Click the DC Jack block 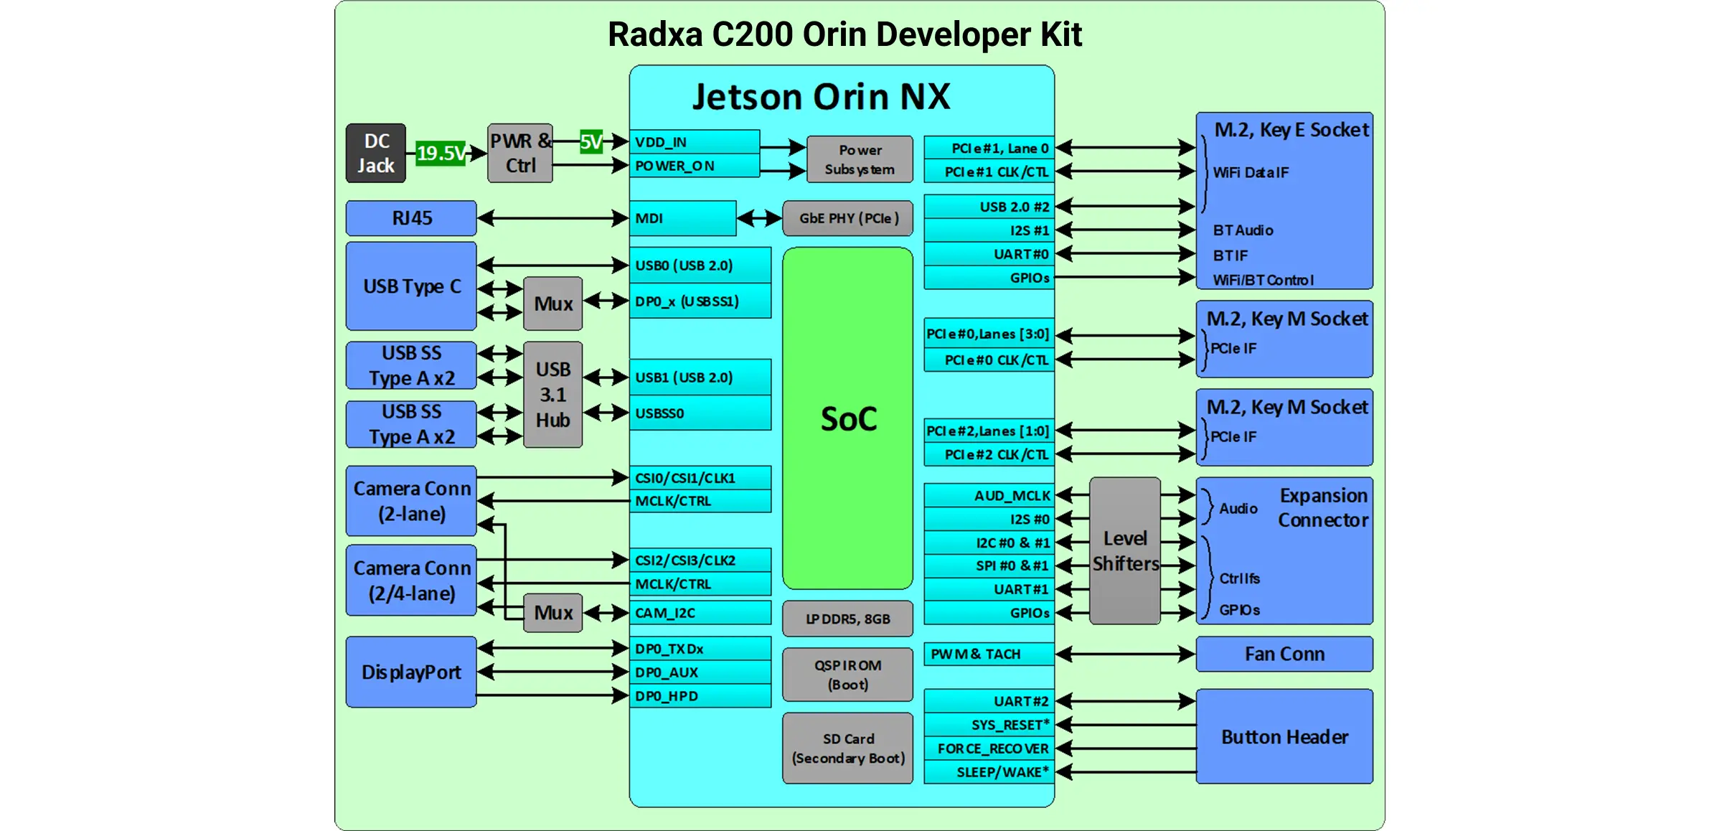(x=375, y=153)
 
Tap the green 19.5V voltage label (x=440, y=153)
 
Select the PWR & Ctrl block (x=520, y=153)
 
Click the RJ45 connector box (x=411, y=218)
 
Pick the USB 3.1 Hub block (x=552, y=395)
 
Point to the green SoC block (x=847, y=418)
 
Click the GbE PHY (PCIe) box (x=847, y=218)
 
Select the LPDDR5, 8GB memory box (x=847, y=619)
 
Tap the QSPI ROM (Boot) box (x=847, y=675)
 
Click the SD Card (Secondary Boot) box (x=847, y=748)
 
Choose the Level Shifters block (x=1124, y=551)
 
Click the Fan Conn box (x=1284, y=654)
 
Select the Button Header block (x=1284, y=737)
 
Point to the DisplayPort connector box (x=411, y=672)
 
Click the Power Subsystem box (x=860, y=159)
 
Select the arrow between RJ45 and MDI (x=552, y=218)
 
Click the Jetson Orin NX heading (x=821, y=97)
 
